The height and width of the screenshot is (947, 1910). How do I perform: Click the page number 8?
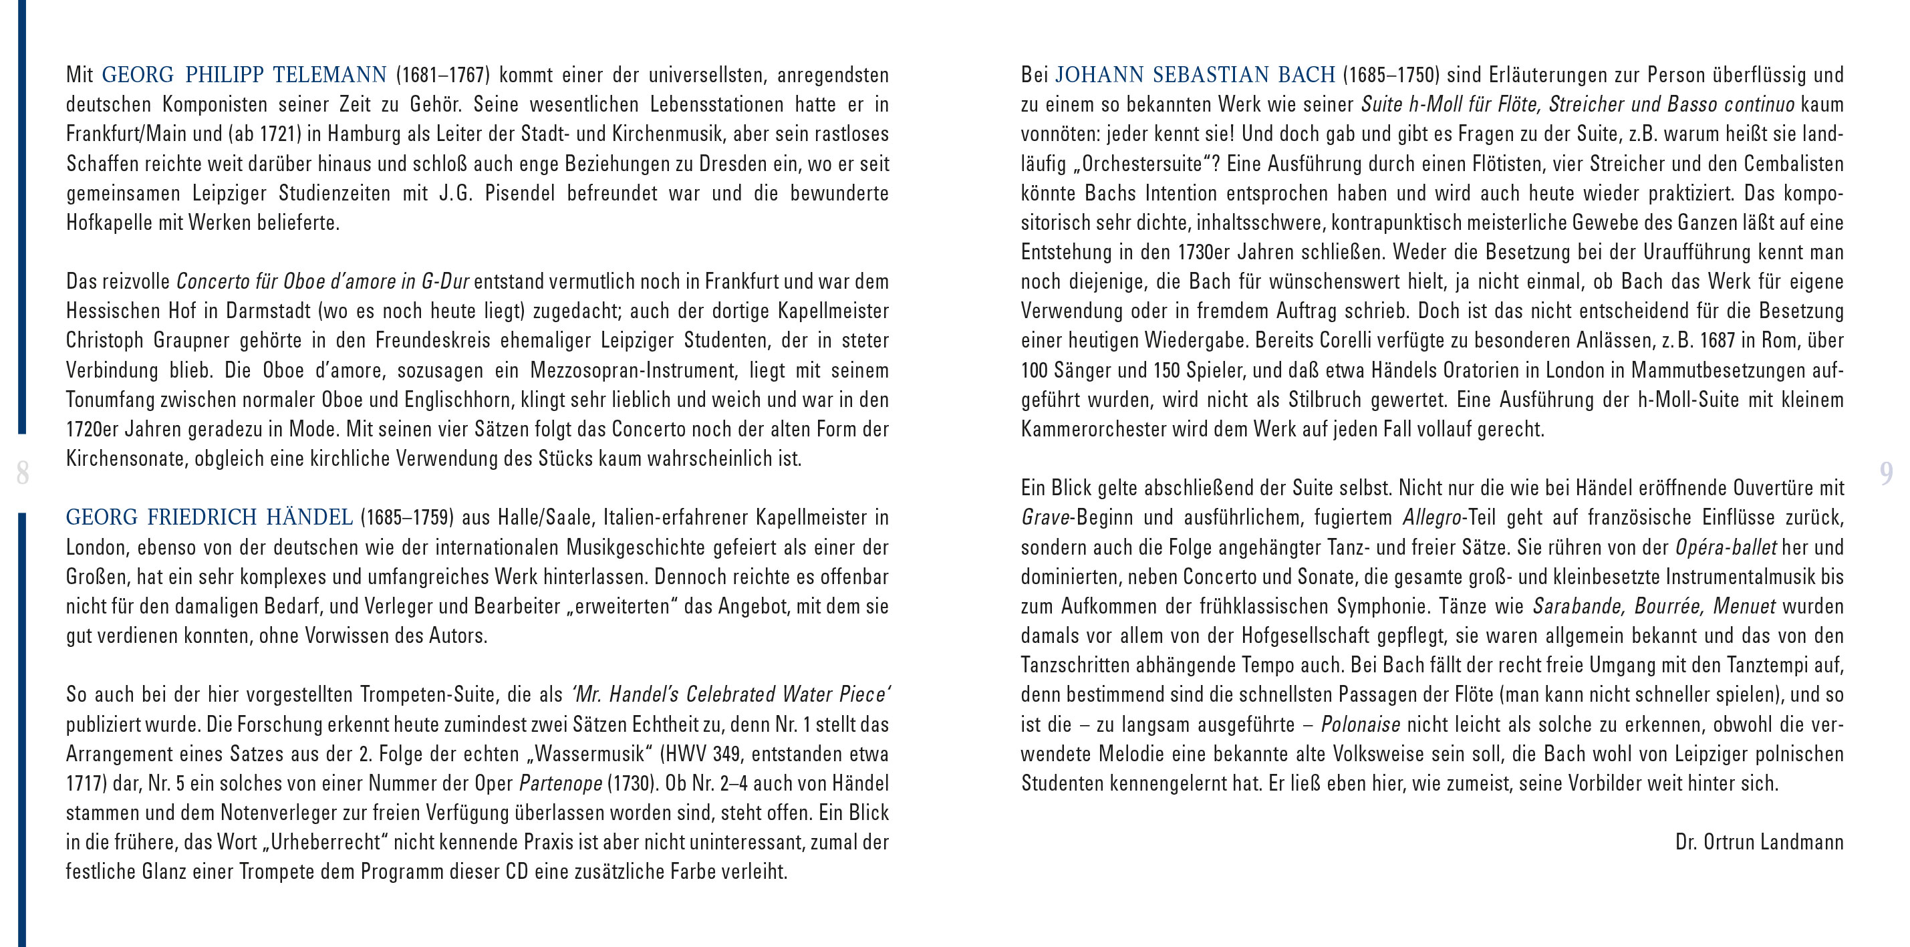pos(22,472)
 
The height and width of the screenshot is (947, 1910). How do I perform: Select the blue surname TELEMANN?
pos(330,75)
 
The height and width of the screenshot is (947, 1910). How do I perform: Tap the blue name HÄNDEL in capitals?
pos(309,518)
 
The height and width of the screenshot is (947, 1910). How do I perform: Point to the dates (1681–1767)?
pos(442,75)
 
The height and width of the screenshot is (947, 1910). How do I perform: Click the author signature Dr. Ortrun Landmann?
pos(1759,843)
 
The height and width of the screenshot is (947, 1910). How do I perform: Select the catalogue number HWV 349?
pos(702,754)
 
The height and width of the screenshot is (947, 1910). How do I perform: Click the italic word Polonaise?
pos(1361,724)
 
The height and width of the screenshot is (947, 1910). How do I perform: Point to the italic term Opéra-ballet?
pos(1726,547)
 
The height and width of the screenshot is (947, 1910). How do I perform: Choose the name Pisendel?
pos(519,194)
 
